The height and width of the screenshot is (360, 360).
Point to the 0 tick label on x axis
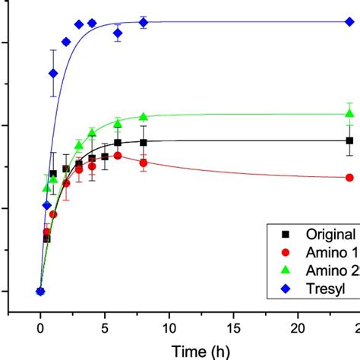pyautogui.click(x=40, y=327)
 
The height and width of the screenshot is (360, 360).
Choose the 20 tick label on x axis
pyautogui.click(x=298, y=327)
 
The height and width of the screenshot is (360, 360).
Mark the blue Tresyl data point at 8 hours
pyautogui.click(x=144, y=23)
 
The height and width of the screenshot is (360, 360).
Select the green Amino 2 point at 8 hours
pyautogui.click(x=144, y=116)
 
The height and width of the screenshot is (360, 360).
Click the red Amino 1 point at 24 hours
pyautogui.click(x=349, y=178)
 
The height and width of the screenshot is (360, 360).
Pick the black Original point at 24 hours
pyautogui.click(x=349, y=141)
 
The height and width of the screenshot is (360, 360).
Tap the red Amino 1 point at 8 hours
pyautogui.click(x=144, y=162)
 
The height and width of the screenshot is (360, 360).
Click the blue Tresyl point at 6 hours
pyautogui.click(x=118, y=33)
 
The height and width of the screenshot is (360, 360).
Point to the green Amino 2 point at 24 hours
pyautogui.click(x=349, y=113)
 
